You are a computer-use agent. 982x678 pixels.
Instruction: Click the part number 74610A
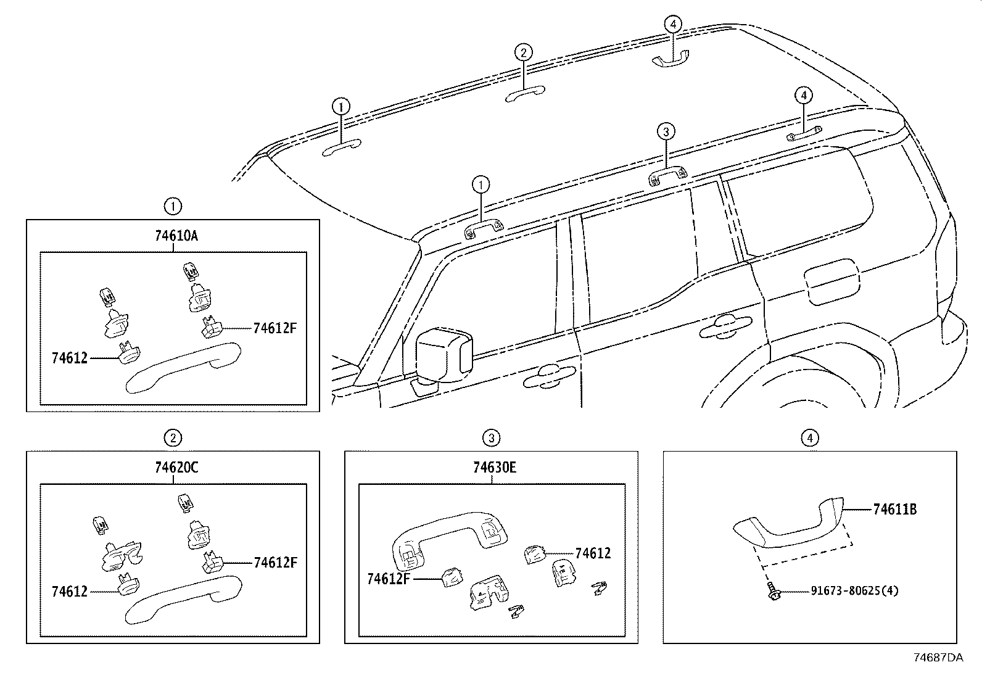(x=173, y=236)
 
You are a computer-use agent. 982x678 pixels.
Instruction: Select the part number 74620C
(x=173, y=468)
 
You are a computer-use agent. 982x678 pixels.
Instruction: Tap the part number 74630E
(x=492, y=468)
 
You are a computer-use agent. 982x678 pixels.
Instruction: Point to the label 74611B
(x=894, y=510)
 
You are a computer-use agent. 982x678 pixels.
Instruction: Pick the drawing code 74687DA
(x=938, y=658)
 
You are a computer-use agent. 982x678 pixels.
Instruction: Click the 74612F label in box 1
(x=274, y=328)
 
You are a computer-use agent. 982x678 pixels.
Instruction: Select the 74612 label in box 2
(x=70, y=591)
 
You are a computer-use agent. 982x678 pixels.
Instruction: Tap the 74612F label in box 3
(x=389, y=579)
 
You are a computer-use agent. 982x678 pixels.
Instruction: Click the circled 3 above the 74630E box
(x=491, y=438)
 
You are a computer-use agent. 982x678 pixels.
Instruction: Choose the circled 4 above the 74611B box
(x=810, y=438)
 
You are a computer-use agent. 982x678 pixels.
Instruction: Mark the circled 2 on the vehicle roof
(x=523, y=52)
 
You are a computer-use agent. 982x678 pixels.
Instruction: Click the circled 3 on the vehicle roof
(x=666, y=131)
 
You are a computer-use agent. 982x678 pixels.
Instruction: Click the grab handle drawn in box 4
(x=790, y=524)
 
